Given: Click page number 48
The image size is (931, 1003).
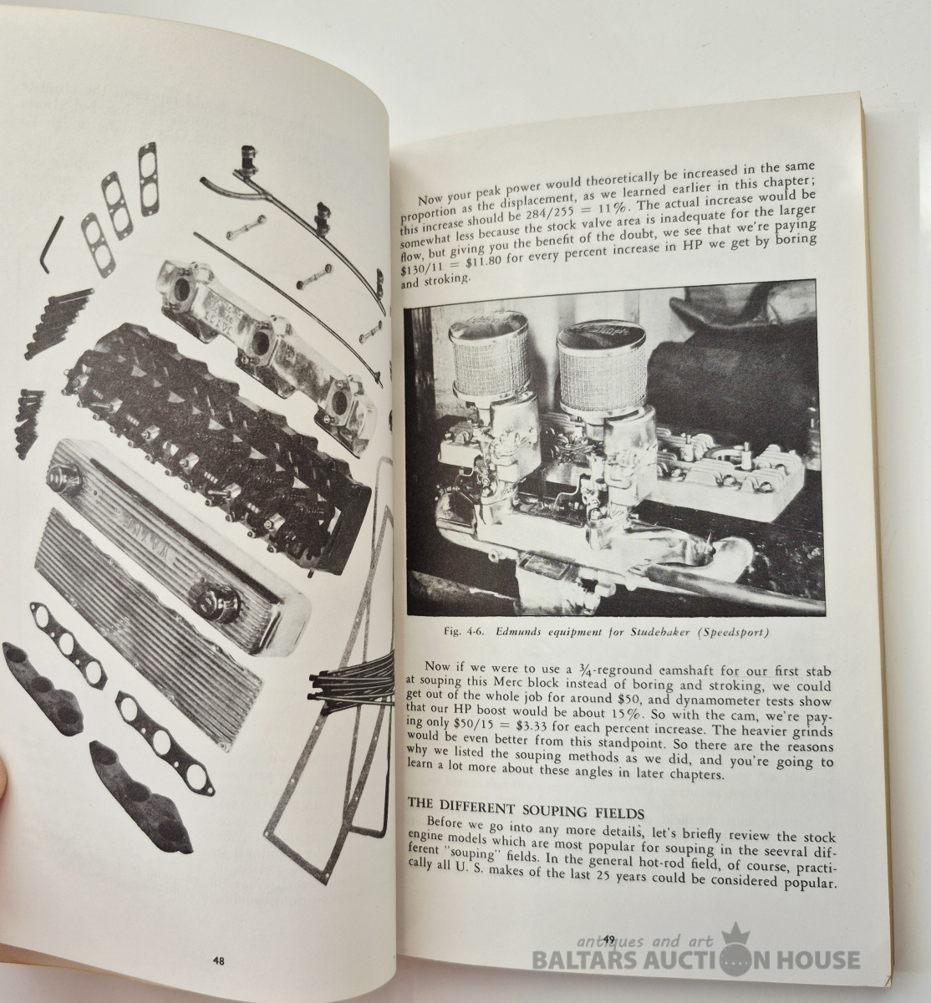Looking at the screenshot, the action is click(x=218, y=961).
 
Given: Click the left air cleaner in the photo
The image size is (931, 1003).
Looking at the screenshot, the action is click(x=485, y=363).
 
